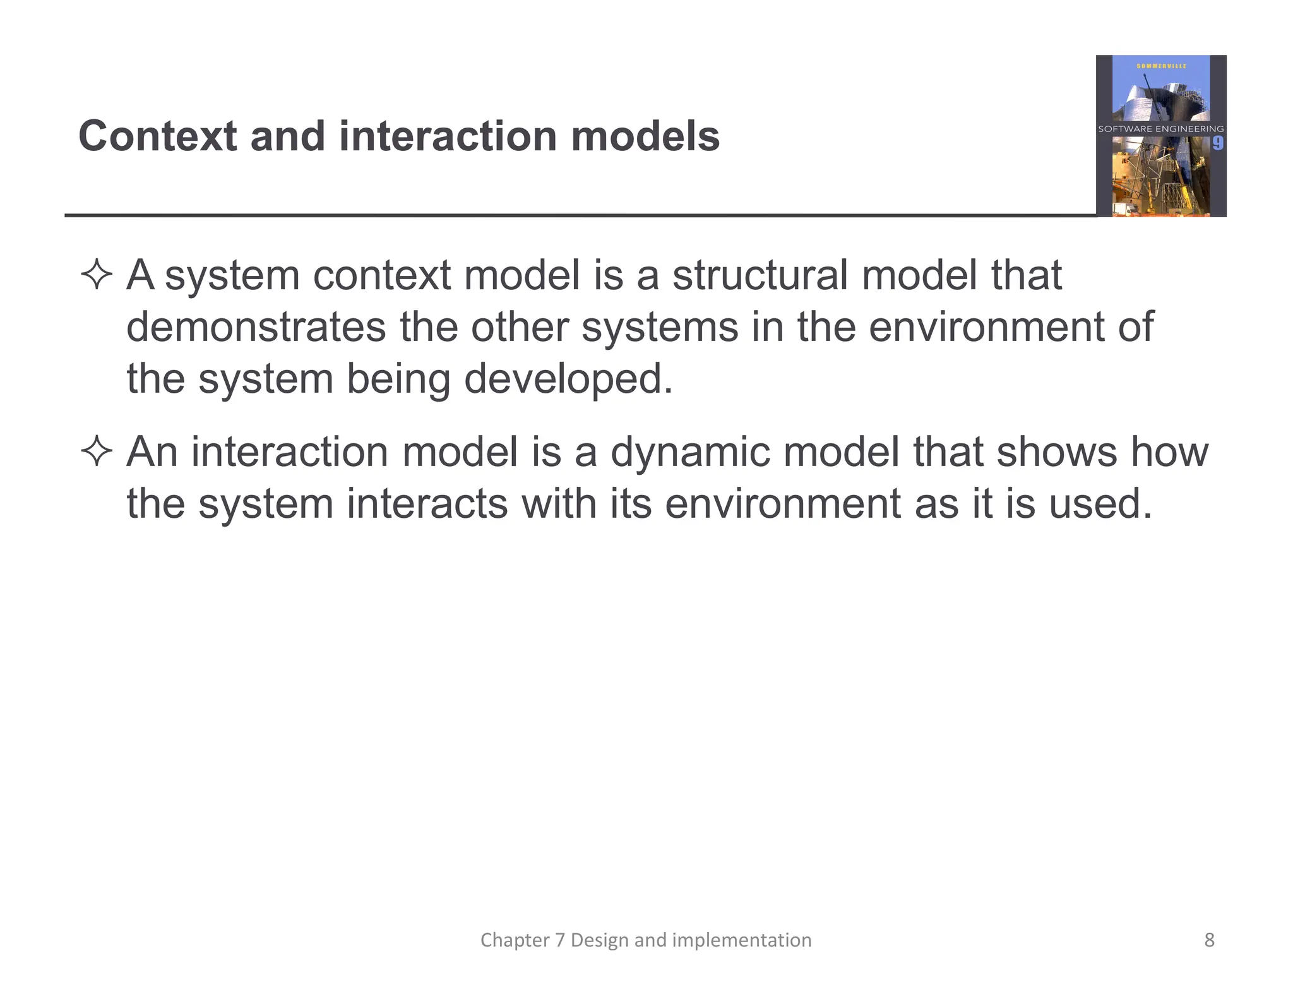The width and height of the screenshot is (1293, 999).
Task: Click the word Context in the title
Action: click(157, 136)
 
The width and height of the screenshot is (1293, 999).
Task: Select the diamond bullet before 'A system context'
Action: click(97, 275)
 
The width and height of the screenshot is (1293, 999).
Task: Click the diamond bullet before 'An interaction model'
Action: click(97, 452)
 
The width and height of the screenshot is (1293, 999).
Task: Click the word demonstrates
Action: click(256, 327)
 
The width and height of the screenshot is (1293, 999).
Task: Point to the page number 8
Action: click(1209, 940)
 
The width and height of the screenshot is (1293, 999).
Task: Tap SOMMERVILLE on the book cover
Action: click(1161, 66)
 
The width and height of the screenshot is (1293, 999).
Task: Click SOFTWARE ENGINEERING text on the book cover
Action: click(1160, 129)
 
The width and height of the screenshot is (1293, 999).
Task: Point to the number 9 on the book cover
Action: click(1217, 143)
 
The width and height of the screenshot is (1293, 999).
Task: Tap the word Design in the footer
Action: click(600, 940)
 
